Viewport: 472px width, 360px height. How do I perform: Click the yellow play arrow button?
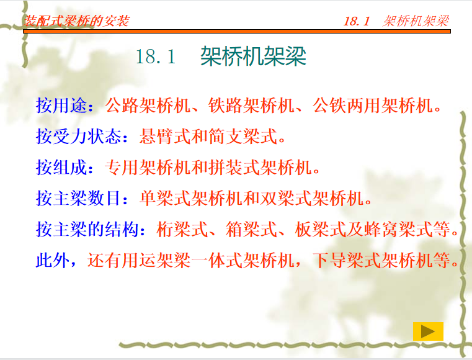[x=428, y=331]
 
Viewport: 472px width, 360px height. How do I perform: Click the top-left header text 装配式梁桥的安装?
[x=77, y=20]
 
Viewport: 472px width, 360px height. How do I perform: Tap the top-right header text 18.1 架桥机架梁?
[x=396, y=20]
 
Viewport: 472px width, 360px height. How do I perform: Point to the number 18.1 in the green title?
[x=156, y=56]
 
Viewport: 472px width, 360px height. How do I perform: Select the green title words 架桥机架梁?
[x=253, y=56]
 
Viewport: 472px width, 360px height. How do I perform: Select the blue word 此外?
[x=53, y=260]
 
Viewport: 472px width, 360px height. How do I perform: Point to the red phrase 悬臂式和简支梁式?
[x=208, y=136]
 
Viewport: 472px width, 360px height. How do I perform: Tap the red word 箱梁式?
[x=251, y=229]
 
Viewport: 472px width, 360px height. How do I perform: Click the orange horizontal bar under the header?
[x=237, y=31]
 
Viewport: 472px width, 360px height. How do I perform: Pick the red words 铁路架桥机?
[x=251, y=106]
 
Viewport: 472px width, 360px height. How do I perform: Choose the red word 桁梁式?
[x=182, y=229]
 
